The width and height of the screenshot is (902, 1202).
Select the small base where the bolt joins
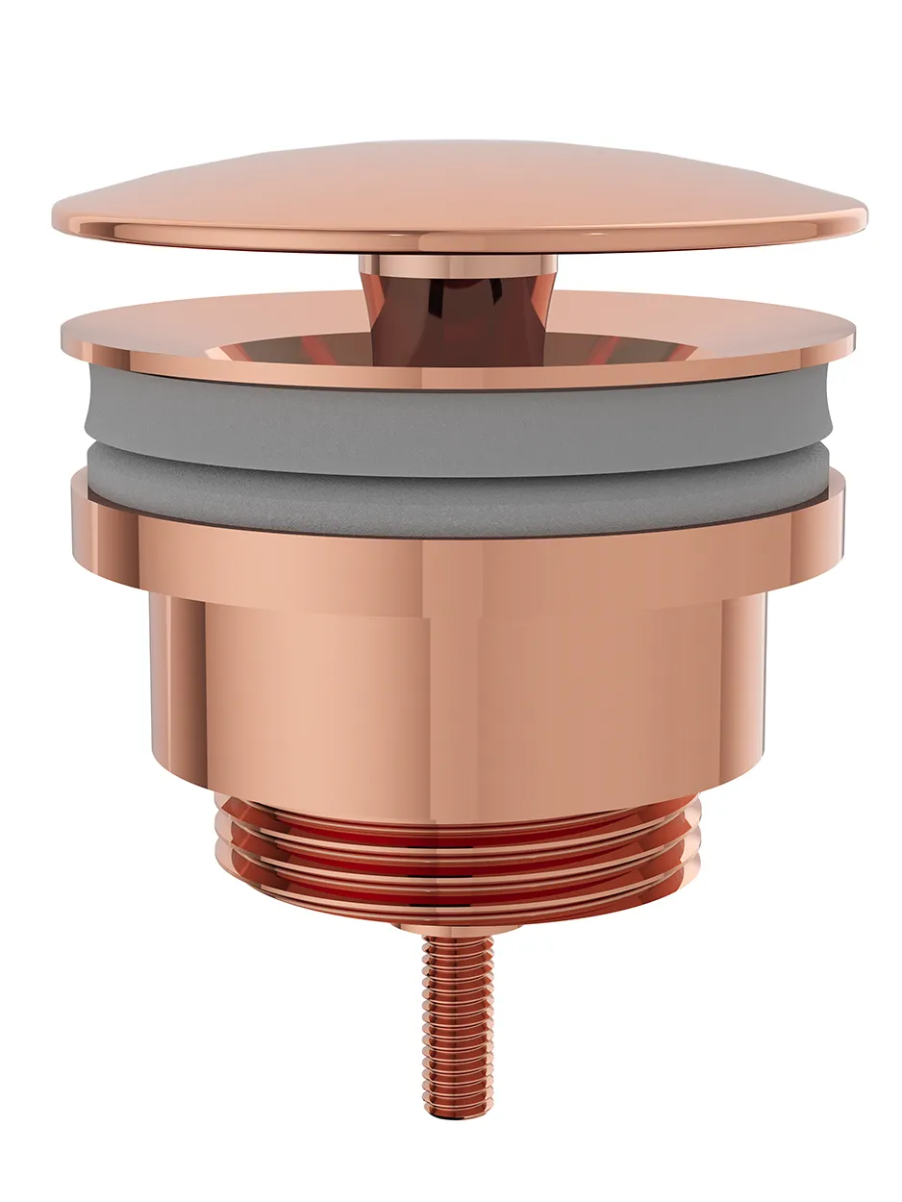[458, 926]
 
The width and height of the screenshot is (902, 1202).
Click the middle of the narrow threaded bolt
[458, 1019]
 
